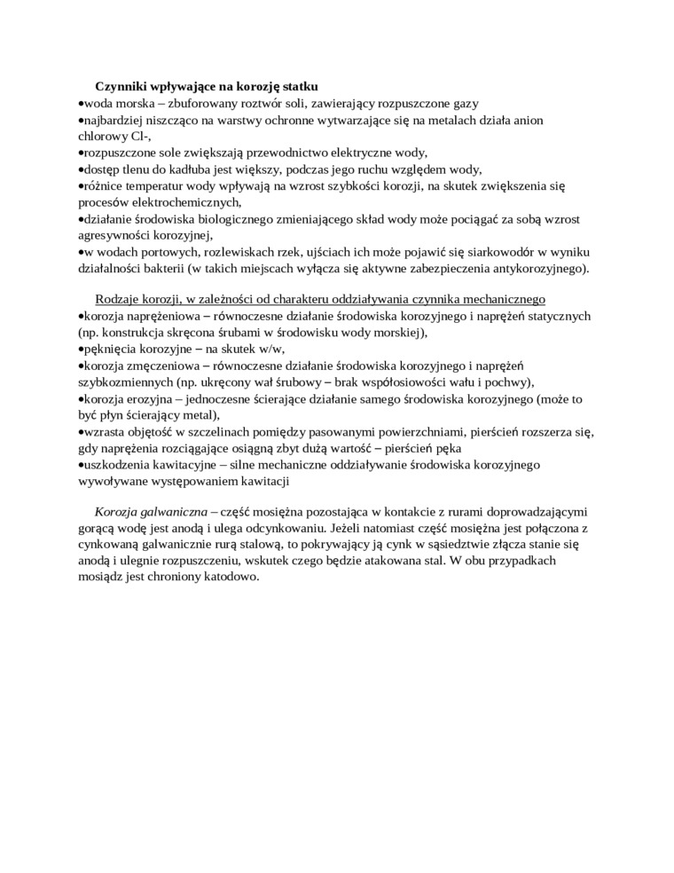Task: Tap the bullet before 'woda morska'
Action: (80, 104)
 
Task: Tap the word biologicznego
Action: (243, 219)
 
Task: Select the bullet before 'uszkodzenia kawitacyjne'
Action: (80, 465)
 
